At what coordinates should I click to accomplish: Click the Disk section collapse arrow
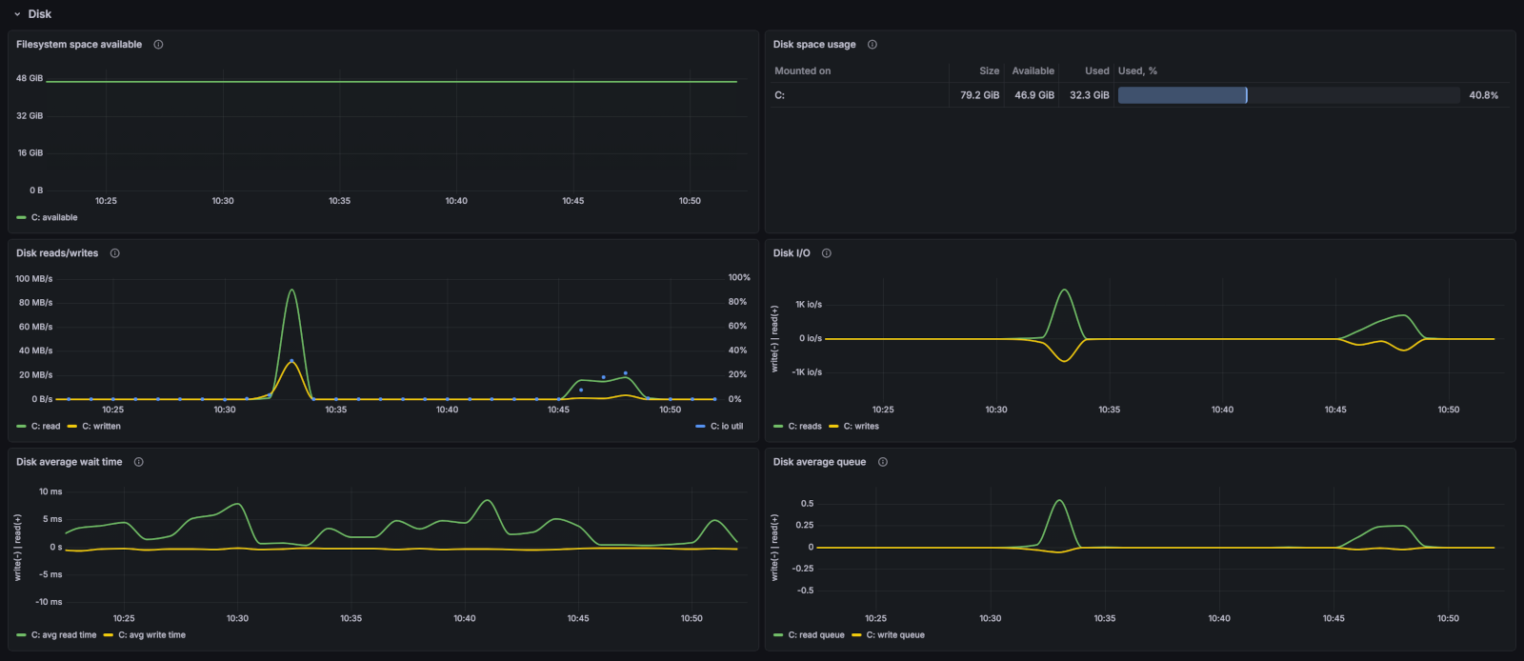tap(17, 14)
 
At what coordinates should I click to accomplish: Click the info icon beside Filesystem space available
tap(158, 45)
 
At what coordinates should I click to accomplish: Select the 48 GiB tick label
tap(30, 78)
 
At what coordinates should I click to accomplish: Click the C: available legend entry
tap(53, 218)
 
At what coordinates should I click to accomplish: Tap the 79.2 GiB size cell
tap(979, 95)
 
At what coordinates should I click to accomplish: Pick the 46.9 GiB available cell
tap(1033, 95)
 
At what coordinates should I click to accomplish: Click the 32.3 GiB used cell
tap(1089, 95)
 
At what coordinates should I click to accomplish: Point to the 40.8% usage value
tap(1483, 95)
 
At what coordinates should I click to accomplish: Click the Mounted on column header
tap(802, 71)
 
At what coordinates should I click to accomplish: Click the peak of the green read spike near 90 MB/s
tap(291, 290)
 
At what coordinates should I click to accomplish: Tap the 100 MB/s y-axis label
tap(34, 279)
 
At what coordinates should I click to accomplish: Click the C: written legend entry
tap(100, 427)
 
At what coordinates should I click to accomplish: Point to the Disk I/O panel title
tap(792, 253)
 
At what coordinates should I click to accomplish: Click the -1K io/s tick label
tap(807, 372)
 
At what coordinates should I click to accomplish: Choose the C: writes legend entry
tap(860, 427)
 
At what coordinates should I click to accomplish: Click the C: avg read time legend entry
tap(63, 635)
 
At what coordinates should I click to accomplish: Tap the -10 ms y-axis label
tap(49, 602)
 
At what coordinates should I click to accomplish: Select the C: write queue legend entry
tap(894, 635)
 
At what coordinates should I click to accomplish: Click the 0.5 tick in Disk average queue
tap(807, 504)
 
